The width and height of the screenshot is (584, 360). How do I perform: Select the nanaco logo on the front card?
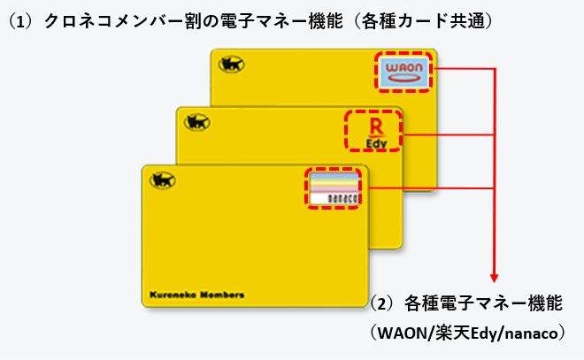[334, 188]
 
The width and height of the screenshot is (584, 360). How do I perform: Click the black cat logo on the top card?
[232, 65]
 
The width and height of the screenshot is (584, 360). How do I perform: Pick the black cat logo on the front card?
[164, 180]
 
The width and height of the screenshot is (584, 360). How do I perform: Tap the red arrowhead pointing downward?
[494, 276]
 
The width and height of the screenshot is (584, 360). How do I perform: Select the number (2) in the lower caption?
[383, 303]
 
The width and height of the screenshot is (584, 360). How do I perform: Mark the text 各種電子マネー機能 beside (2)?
[482, 303]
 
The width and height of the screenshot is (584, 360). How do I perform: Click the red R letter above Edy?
[373, 124]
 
